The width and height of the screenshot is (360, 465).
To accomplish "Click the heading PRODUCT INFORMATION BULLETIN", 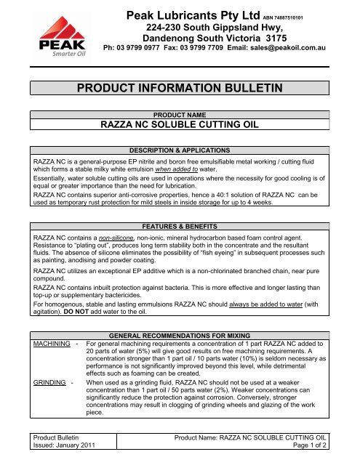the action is (x=179, y=88).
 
